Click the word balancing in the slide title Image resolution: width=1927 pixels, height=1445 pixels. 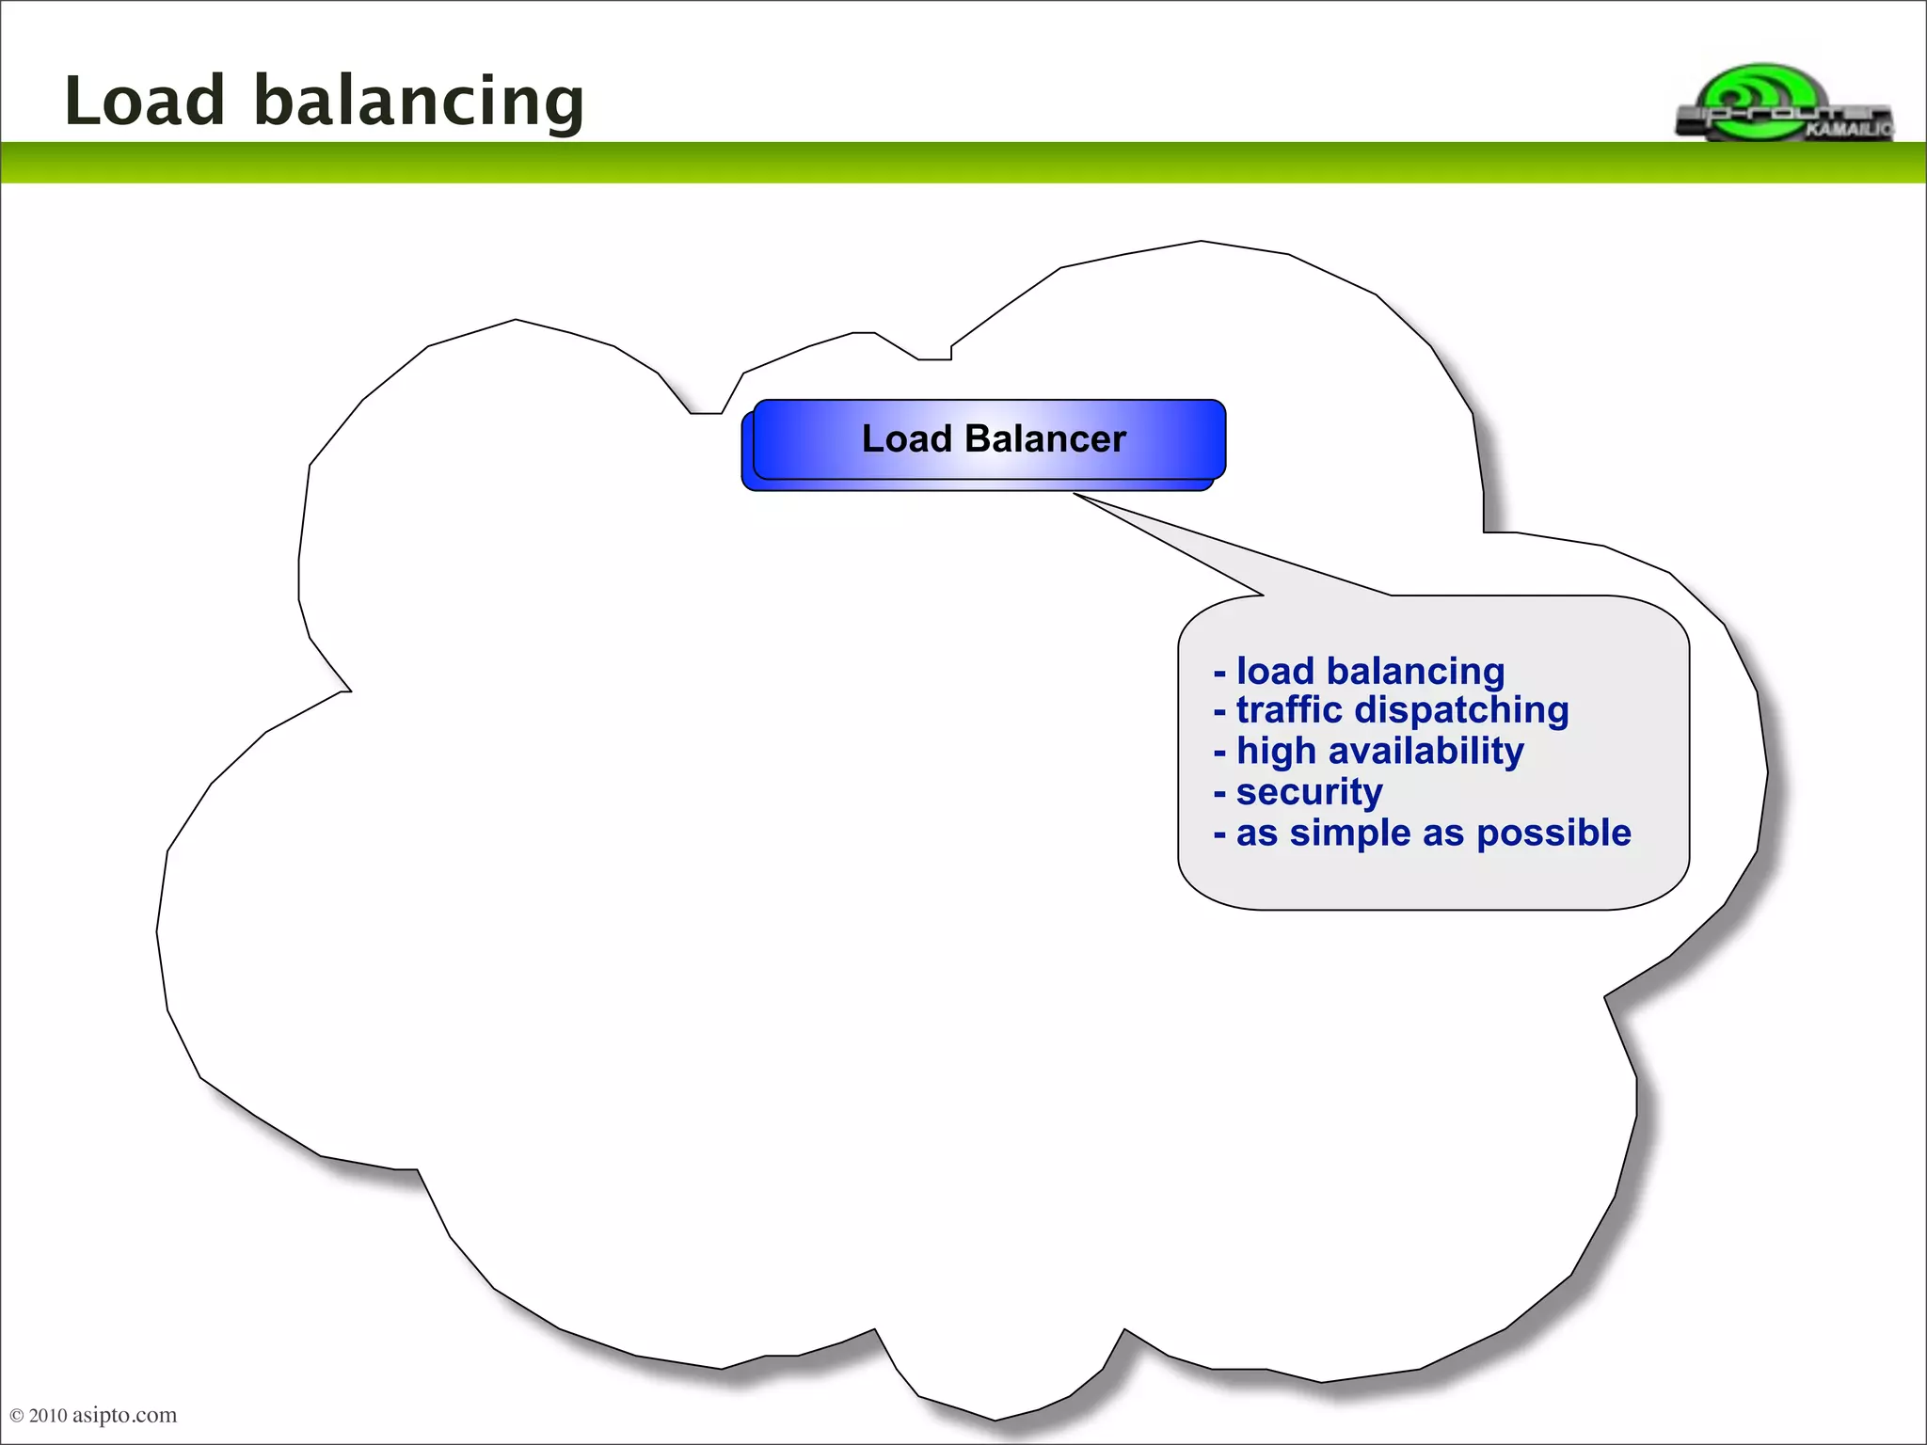point(419,102)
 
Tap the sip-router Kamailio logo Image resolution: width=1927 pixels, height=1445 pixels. point(1784,104)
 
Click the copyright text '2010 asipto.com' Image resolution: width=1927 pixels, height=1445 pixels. point(102,1415)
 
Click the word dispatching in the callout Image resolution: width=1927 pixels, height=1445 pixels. point(1461,711)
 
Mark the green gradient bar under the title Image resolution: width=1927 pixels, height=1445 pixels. point(963,163)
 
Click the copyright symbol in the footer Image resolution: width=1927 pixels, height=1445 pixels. point(17,1416)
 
